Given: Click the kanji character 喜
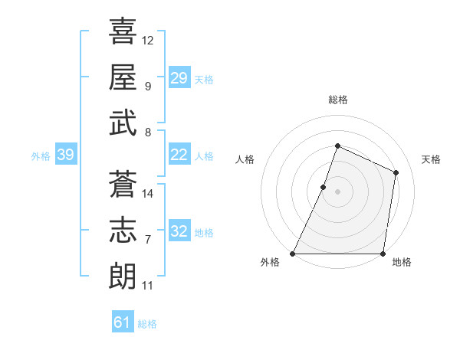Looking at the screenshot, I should coord(123,31).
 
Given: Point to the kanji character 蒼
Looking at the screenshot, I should coord(123,183).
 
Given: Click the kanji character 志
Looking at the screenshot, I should coord(123,229).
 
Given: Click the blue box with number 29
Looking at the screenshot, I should coord(179,78).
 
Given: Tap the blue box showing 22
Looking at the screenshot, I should coord(179,155).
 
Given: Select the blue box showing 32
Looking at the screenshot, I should coord(179,232).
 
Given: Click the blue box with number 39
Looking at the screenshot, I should coord(65,155).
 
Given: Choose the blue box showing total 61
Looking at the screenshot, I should coord(123,322).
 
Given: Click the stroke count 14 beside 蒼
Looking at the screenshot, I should coord(148,194).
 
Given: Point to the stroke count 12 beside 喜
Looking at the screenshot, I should coord(148,40).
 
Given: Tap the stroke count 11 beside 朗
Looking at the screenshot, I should coord(148,286).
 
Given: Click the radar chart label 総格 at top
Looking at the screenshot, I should coord(337,100).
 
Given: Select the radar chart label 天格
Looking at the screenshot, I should coord(432,159).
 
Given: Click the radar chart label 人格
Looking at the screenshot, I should coord(245,159).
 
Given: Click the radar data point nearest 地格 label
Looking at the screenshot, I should coord(383,254).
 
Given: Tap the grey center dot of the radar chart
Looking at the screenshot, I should coord(337,191).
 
